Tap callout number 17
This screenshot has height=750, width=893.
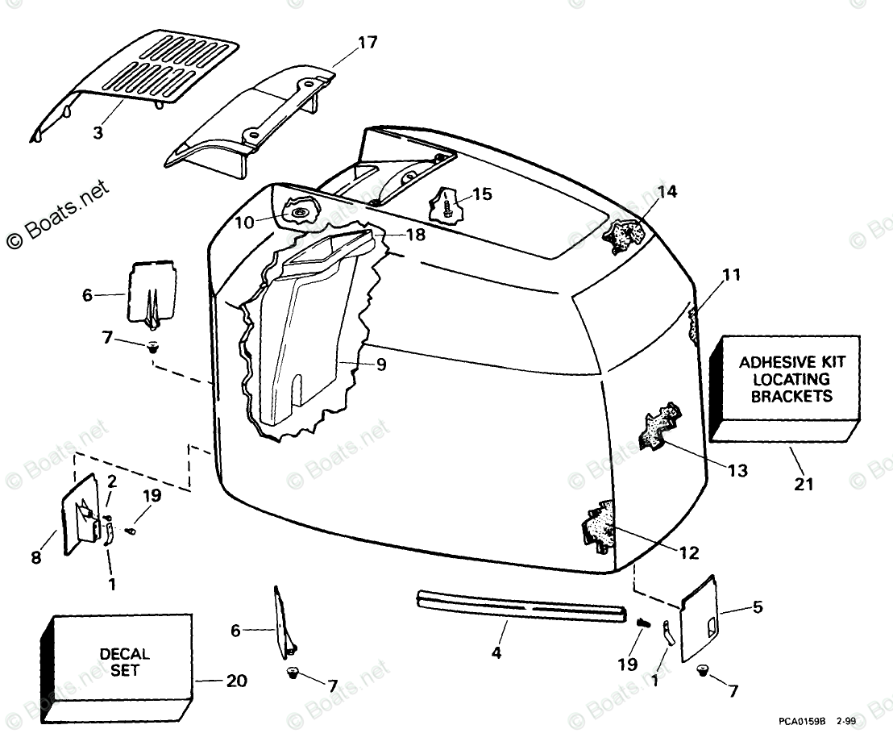tap(368, 43)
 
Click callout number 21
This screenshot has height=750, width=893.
tap(804, 484)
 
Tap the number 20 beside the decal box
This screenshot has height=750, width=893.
tap(236, 681)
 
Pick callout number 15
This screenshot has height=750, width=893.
tap(482, 194)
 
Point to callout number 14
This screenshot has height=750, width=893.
tap(667, 192)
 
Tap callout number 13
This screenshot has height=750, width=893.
tap(737, 470)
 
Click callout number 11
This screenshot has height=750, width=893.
tap(731, 275)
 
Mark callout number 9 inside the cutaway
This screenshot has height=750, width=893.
tap(380, 365)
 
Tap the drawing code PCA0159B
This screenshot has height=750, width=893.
tap(801, 723)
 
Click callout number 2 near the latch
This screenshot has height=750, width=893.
tap(112, 481)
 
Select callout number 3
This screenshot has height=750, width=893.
tap(98, 133)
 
